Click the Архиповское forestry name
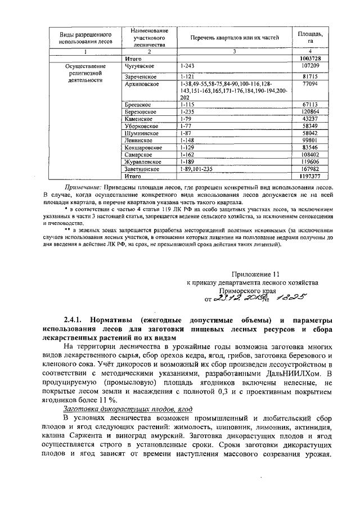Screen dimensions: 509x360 point(142,83)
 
